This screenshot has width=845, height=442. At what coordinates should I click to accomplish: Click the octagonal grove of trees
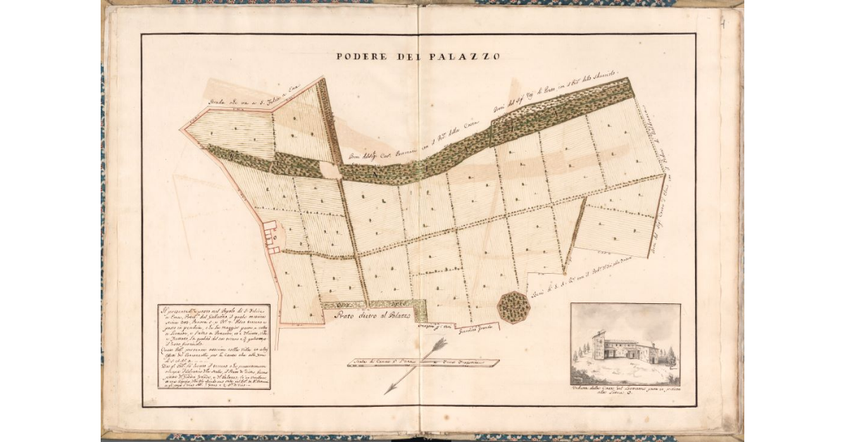tap(513, 307)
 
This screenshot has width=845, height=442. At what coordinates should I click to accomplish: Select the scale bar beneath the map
tap(423, 363)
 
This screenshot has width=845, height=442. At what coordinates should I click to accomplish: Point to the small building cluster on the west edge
tap(273, 236)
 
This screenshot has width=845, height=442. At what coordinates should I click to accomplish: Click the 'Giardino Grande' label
tap(478, 327)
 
